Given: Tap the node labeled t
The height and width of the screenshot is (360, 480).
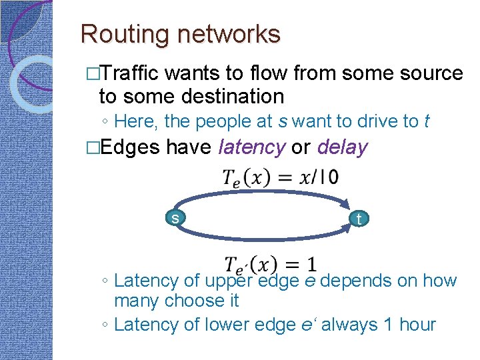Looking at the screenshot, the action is point(359,219).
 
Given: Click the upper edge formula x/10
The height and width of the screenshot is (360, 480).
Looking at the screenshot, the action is point(279,177).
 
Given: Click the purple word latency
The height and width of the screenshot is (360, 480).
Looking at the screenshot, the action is point(251,147).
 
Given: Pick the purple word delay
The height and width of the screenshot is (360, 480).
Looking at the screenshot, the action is point(342,147).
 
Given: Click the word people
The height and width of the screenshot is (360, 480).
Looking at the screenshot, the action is point(224,121).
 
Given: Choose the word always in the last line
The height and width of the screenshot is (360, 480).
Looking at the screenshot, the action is point(342,325).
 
